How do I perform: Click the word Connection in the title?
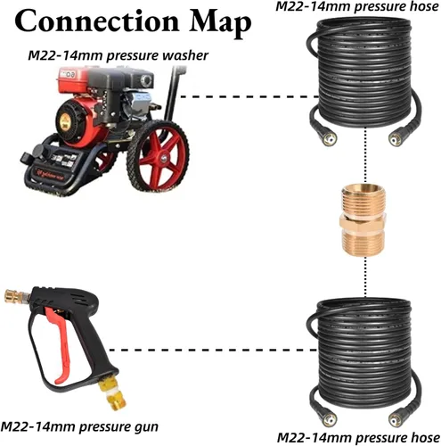tap(96, 21)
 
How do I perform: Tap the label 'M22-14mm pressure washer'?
tap(118, 55)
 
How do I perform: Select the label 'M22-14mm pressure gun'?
tap(79, 427)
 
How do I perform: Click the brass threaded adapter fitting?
tap(363, 220)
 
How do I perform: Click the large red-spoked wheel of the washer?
tap(158, 156)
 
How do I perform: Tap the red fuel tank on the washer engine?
tap(73, 78)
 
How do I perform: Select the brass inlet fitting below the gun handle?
tap(112, 392)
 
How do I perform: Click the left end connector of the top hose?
tap(327, 136)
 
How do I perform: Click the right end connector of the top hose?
tap(399, 136)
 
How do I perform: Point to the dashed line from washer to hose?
tap(249, 96)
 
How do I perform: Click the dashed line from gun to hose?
tap(213, 350)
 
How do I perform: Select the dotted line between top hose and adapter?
tap(365, 156)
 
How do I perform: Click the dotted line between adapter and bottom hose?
tap(365, 277)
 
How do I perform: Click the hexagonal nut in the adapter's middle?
tap(363, 222)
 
